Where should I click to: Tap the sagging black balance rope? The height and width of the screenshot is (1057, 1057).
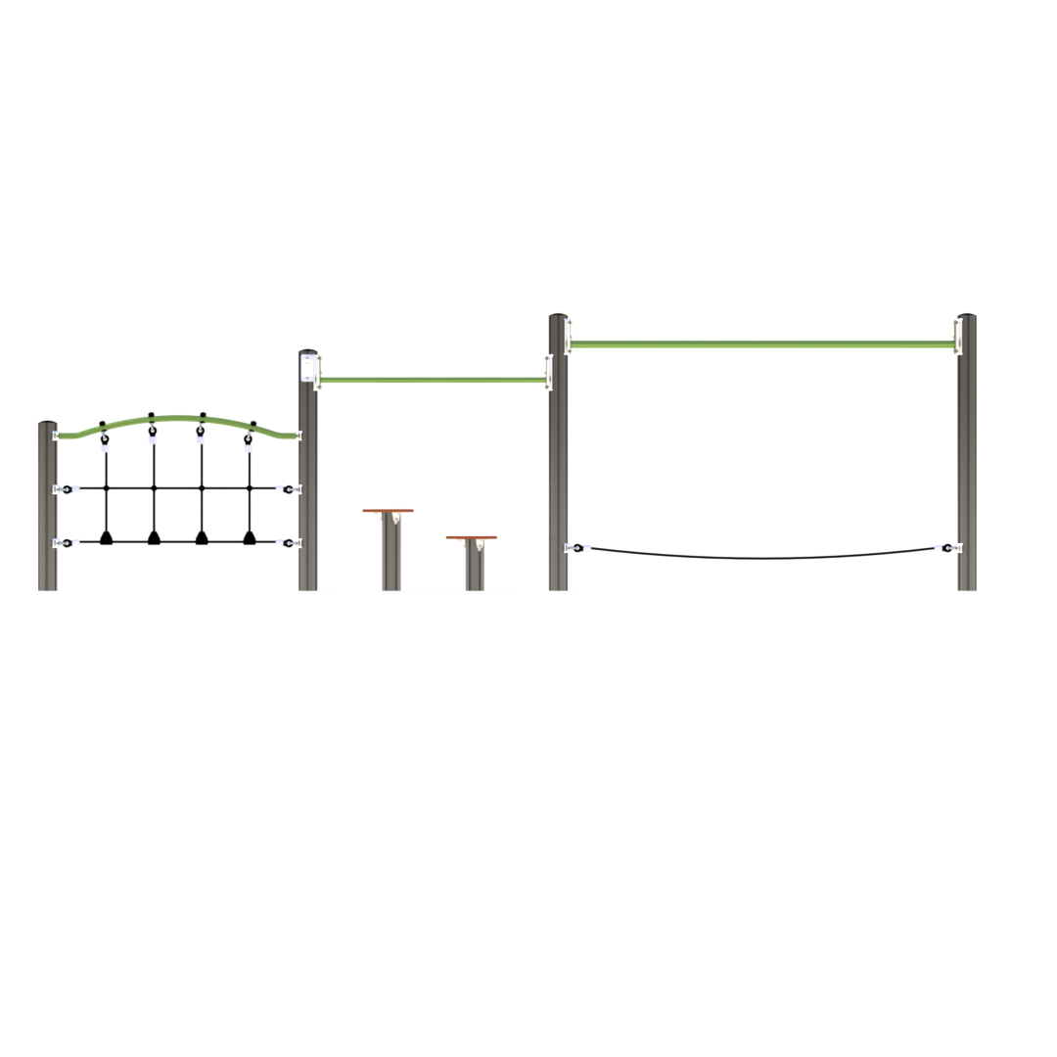[x=763, y=557]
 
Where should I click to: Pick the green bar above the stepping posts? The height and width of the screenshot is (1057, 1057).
[x=432, y=380]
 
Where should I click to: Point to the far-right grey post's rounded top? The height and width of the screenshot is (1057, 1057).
[x=966, y=317]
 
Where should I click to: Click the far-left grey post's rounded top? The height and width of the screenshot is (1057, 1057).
[x=47, y=424]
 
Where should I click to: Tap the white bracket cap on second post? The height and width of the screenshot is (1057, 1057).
[x=308, y=368]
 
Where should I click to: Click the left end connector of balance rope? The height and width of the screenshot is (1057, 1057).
[x=577, y=548]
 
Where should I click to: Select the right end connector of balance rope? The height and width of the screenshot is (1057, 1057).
[x=947, y=548]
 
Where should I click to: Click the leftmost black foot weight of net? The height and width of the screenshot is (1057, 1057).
[x=106, y=537]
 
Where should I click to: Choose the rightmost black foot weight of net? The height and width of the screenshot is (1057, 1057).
[x=250, y=537]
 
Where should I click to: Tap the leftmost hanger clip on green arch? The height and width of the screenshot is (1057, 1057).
[x=104, y=437]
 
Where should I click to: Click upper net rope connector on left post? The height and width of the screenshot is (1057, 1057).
[x=66, y=488]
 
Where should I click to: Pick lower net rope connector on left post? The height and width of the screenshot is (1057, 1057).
[x=66, y=542]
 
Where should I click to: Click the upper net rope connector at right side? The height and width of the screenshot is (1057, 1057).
[x=289, y=488]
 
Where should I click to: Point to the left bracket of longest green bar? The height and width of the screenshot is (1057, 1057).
[x=569, y=335]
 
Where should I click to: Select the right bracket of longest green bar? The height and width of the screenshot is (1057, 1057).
[x=958, y=336]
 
